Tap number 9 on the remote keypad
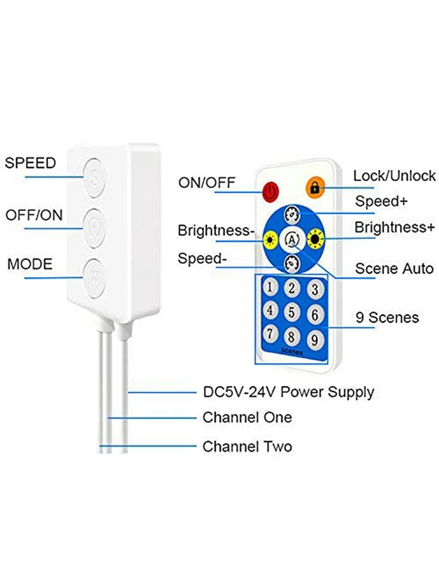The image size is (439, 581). pos(313,340)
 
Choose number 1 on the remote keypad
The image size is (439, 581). pos(271,286)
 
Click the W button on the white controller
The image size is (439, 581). pos(94,279)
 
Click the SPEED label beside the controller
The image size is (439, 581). pos(31,163)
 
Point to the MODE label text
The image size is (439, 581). pos(30,264)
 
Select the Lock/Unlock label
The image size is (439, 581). pos(394,176)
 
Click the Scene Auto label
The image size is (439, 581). pos(394,268)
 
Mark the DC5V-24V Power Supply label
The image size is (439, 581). pos(288,392)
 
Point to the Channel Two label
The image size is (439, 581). pos(247,446)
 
